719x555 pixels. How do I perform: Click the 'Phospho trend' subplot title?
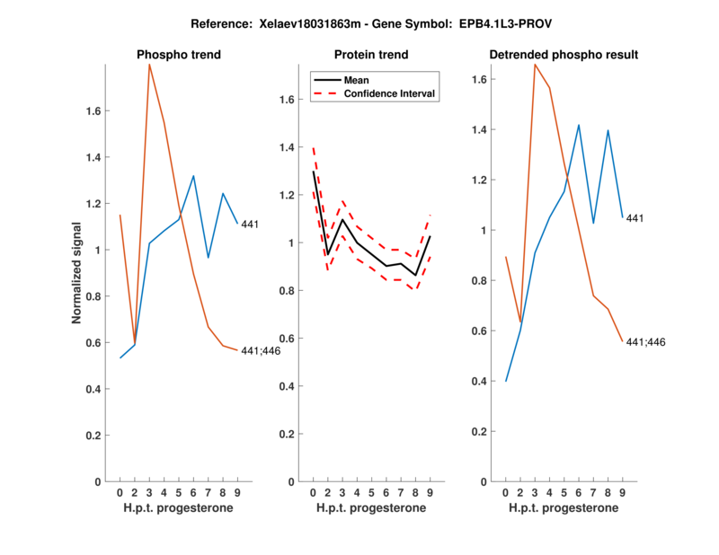tap(179, 55)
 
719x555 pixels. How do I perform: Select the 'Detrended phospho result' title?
tap(564, 55)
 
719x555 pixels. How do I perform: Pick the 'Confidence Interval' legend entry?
tap(390, 93)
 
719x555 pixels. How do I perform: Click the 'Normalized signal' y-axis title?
tap(77, 273)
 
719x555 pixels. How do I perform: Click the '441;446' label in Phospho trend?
tap(260, 351)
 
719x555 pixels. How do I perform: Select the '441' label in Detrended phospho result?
tap(635, 218)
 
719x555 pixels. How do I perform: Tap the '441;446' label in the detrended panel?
tap(645, 342)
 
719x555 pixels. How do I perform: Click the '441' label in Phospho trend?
tap(250, 225)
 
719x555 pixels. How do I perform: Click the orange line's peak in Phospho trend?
tap(149, 65)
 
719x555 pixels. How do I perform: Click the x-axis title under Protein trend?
tap(371, 508)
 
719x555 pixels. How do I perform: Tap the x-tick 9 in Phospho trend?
tap(237, 492)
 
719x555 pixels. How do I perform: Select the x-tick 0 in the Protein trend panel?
tap(313, 492)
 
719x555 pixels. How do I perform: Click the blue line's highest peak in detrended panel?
tap(579, 125)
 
